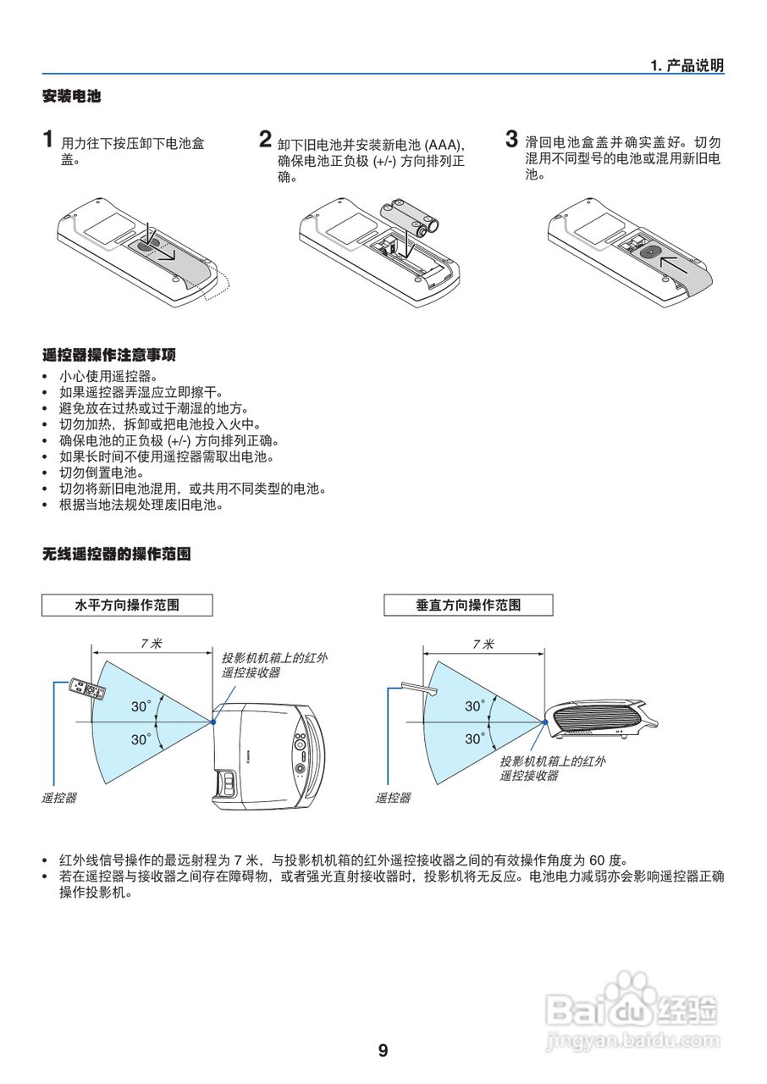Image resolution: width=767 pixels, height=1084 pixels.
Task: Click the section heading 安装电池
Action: tap(71, 97)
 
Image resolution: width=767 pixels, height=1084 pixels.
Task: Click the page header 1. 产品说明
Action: tap(687, 66)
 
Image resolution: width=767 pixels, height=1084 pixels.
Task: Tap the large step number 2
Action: tap(266, 139)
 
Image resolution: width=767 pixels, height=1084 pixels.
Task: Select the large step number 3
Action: tap(511, 138)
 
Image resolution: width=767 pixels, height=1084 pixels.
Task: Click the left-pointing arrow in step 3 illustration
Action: tap(675, 264)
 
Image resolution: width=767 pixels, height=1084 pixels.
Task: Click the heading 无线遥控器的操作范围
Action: tap(116, 555)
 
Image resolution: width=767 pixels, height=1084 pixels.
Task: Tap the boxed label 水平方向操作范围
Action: tap(127, 605)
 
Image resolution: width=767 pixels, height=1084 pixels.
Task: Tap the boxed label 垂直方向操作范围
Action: tap(468, 605)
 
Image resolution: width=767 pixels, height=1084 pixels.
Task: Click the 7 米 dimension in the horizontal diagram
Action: tap(152, 644)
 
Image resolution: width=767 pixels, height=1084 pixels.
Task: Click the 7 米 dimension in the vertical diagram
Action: tap(483, 644)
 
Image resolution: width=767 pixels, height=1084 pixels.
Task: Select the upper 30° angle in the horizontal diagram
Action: tap(141, 705)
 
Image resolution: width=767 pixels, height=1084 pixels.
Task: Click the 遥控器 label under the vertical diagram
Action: tap(393, 798)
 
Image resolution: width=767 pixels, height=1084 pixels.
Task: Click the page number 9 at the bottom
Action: tap(383, 1051)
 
